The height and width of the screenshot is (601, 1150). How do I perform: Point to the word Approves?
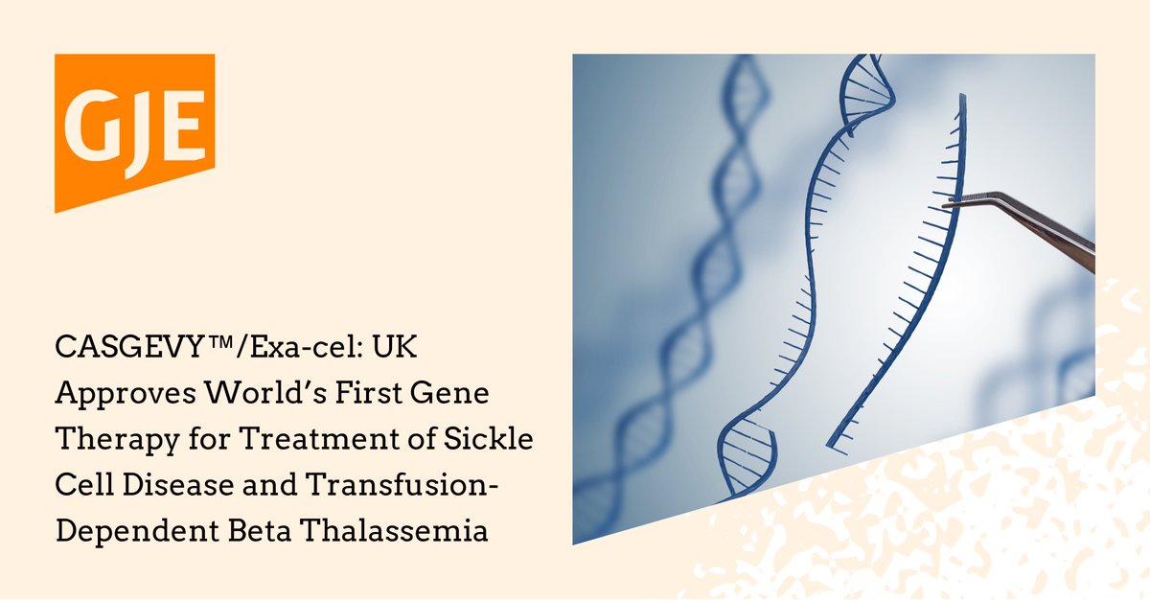pos(116,393)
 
